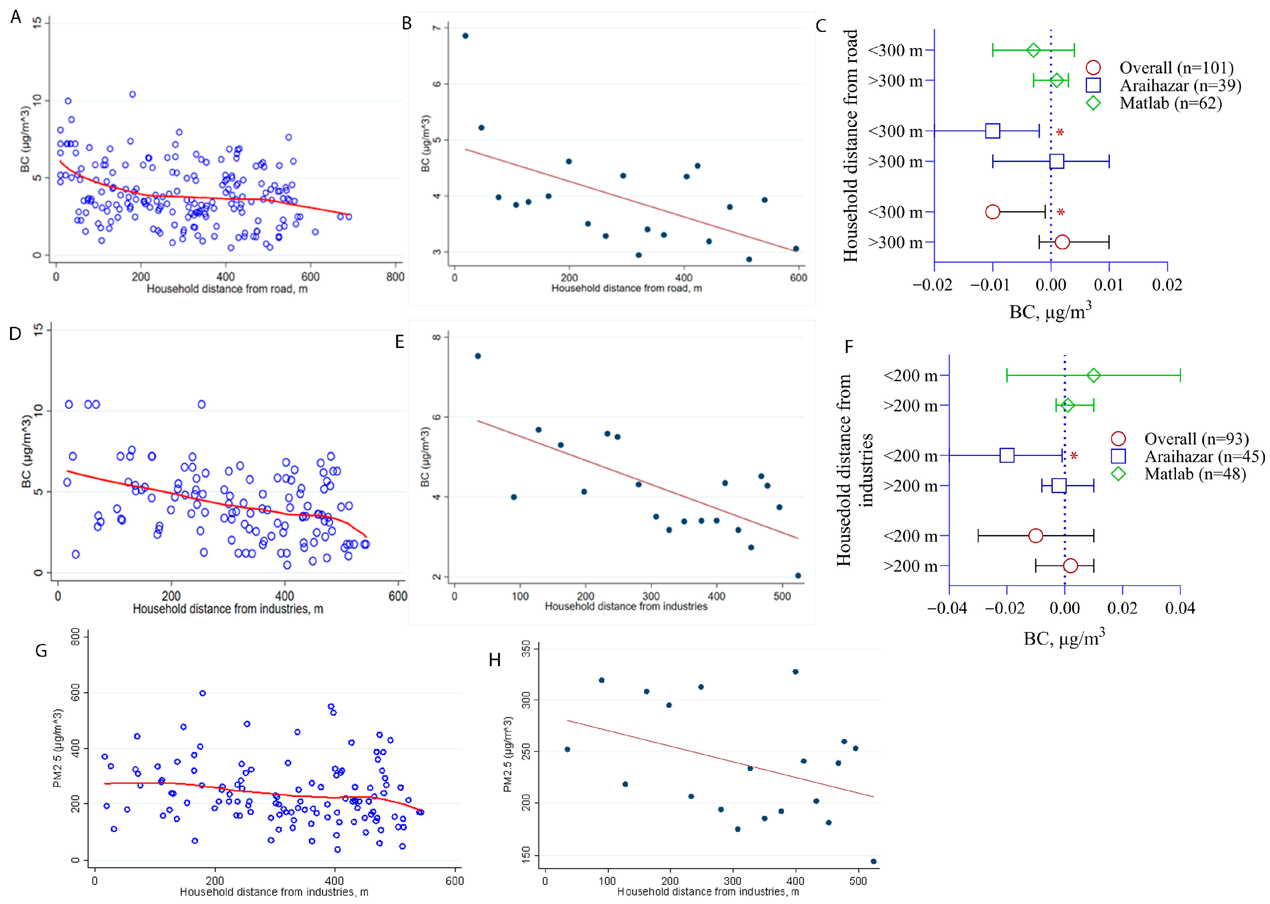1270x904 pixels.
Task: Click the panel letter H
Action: click(495, 660)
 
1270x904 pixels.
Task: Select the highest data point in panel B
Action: click(465, 36)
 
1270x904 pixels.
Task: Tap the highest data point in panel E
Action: click(478, 356)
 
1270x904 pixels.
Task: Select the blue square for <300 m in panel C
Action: click(992, 131)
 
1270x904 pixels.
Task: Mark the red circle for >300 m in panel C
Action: click(1062, 242)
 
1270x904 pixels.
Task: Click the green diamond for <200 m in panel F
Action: click(1093, 376)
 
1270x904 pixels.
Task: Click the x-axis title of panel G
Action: click(274, 892)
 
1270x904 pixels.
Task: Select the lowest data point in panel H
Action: click(873, 861)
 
